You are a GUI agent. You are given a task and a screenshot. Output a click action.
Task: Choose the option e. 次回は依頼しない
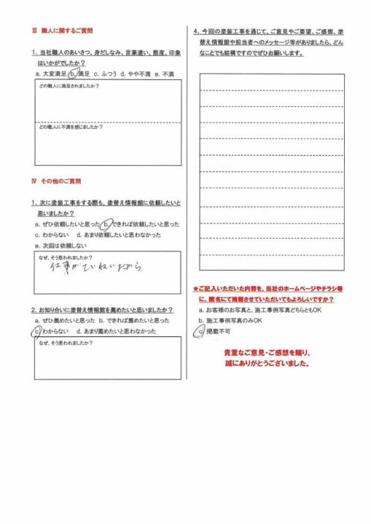tap(63, 246)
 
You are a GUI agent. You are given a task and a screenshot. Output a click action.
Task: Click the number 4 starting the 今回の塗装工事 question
tap(195, 31)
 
